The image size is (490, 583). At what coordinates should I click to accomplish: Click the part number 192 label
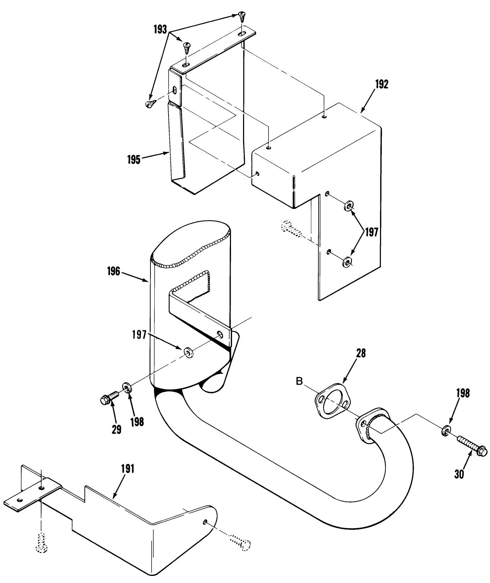[381, 85]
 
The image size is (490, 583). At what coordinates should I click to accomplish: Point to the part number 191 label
[127, 469]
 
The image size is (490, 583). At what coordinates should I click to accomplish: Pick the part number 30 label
[459, 474]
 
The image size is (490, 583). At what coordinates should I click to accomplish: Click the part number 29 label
[117, 429]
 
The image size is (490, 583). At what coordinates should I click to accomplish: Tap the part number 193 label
[160, 30]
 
